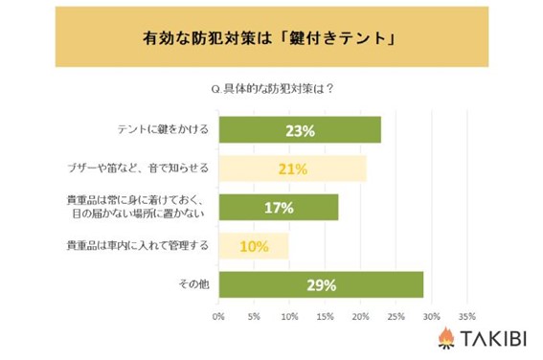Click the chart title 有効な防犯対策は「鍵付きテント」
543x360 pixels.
[269, 37]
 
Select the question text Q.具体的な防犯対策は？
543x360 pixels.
[272, 89]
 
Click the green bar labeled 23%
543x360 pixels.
[300, 130]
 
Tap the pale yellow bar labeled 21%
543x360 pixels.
[293, 169]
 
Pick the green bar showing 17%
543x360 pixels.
[279, 208]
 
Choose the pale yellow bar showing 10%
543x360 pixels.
[254, 246]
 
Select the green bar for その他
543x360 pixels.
[321, 285]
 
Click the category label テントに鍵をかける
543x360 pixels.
[163, 129]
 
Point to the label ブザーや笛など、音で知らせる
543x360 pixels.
[138, 169]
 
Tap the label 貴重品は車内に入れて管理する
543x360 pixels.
[138, 246]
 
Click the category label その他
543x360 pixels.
[193, 284]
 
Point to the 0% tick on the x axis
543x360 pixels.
[218, 316]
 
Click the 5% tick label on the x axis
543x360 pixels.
[254, 316]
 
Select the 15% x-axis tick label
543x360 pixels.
[325, 316]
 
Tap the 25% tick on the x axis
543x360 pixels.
[396, 316]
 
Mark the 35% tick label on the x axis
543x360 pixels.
[466, 316]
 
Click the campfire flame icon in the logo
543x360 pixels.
[446, 338]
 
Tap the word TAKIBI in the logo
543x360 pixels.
[493, 338]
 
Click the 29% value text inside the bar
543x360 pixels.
[322, 285]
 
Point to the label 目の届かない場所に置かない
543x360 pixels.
[138, 214]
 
